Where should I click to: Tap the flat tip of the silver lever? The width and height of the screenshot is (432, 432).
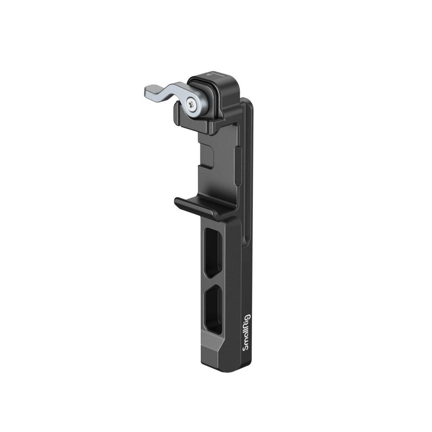[148, 91]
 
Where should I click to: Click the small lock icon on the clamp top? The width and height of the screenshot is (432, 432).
[210, 74]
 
